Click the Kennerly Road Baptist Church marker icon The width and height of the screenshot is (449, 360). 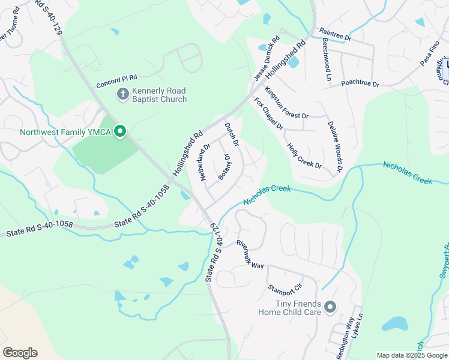pos(122,94)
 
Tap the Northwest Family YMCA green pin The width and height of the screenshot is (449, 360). pos(120,131)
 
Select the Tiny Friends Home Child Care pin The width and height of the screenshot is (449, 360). pos(330,307)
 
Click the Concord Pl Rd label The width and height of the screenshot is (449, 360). pos(118,77)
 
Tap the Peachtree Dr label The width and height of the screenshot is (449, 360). pos(360,84)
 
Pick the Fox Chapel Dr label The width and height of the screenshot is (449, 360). pos(268,114)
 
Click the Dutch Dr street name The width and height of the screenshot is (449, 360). pos(232,135)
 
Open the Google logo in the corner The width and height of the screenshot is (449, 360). pos(20,353)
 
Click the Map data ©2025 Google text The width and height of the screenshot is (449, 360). pos(412,355)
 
